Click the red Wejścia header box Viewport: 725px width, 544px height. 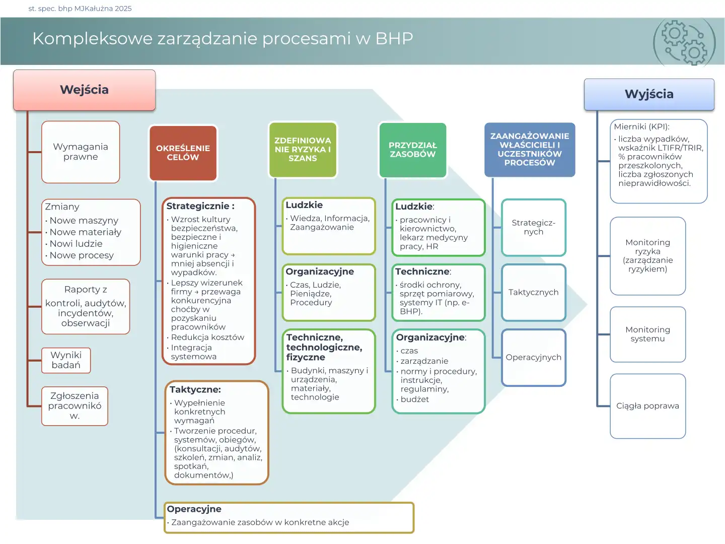(x=84, y=90)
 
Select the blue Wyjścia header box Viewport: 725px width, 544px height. (x=649, y=94)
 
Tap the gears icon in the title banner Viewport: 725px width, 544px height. (x=684, y=43)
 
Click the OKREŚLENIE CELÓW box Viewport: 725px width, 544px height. (x=183, y=153)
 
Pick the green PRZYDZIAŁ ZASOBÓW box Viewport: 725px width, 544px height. (x=412, y=150)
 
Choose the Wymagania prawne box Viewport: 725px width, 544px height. (x=81, y=152)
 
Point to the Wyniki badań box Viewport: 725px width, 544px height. (x=66, y=360)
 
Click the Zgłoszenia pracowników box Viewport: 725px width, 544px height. (x=75, y=406)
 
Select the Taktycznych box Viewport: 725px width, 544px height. (x=533, y=293)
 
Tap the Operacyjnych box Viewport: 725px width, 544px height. (x=533, y=358)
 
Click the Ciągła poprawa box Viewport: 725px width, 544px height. (x=647, y=406)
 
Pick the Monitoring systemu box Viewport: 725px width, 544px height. (x=647, y=334)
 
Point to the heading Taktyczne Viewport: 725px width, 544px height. (x=195, y=389)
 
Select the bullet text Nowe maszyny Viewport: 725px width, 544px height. (x=84, y=221)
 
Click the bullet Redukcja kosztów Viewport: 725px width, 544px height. (x=207, y=337)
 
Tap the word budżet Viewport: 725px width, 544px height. (x=415, y=399)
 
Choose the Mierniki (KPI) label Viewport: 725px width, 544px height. (x=641, y=127)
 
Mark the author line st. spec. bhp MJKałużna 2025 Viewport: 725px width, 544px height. (x=80, y=9)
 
